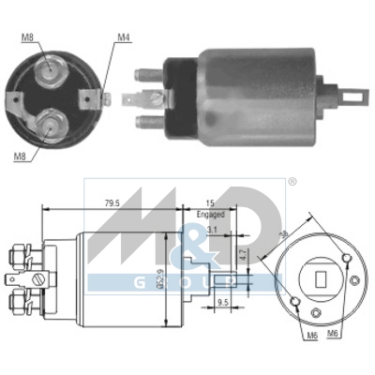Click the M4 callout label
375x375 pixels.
tap(122, 37)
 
